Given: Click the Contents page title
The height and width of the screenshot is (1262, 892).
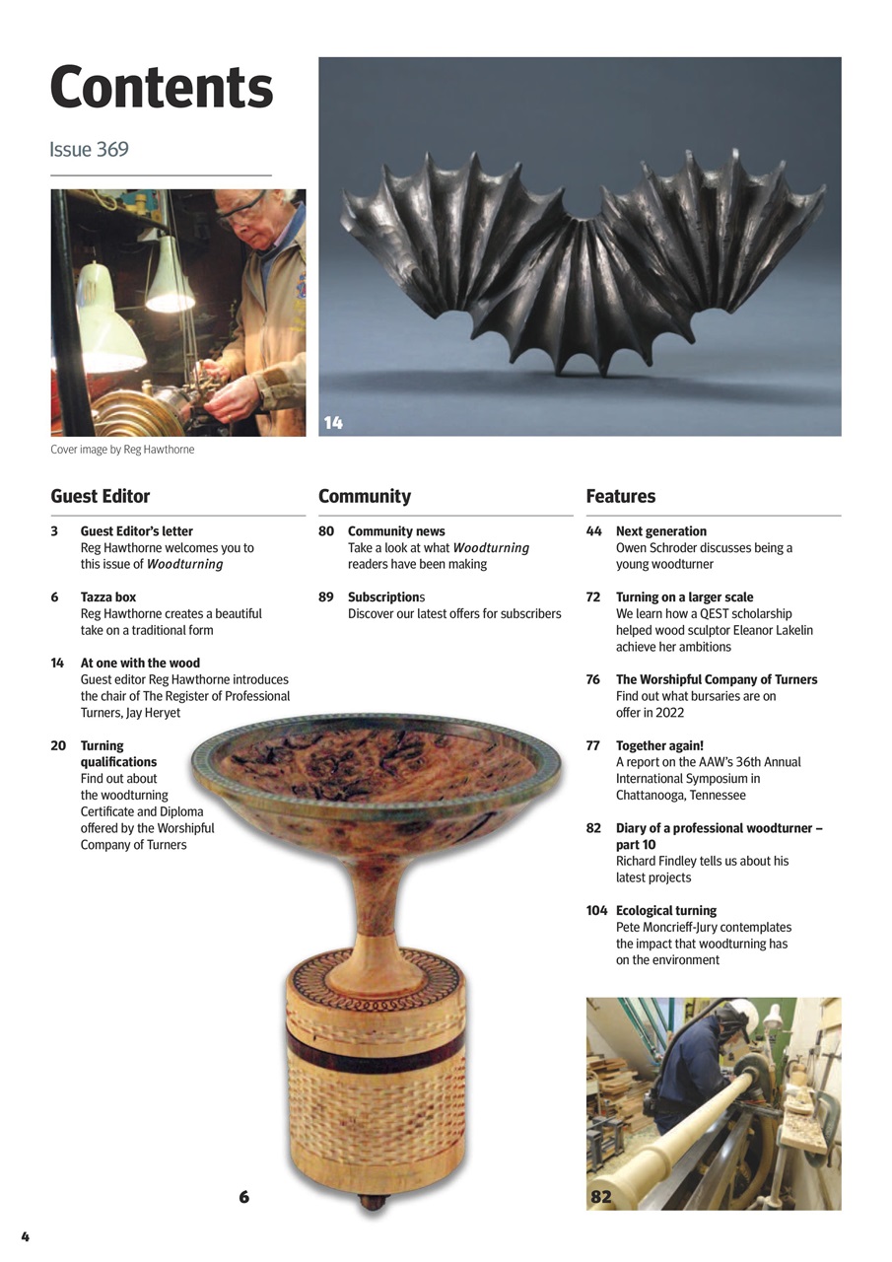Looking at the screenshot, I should pyautogui.click(x=161, y=89).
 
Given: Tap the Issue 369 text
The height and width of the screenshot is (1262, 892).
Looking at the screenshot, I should pyautogui.click(x=89, y=150).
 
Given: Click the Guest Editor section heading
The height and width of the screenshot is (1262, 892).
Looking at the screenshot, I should pyautogui.click(x=101, y=496).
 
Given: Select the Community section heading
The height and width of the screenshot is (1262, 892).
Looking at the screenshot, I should pyautogui.click(x=365, y=496).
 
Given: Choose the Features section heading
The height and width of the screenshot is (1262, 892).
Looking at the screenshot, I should pyautogui.click(x=620, y=496).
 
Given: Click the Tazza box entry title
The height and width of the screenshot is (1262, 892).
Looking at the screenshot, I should pyautogui.click(x=107, y=597).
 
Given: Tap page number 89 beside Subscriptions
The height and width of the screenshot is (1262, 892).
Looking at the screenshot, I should pyautogui.click(x=326, y=597).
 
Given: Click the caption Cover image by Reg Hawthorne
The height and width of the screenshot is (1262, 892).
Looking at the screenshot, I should pyautogui.click(x=122, y=450).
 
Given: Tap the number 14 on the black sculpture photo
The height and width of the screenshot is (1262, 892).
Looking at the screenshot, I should pyautogui.click(x=333, y=423).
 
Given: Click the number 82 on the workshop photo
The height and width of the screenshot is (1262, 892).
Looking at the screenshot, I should pyautogui.click(x=600, y=1197).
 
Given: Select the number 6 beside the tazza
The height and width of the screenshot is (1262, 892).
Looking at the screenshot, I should pyautogui.click(x=244, y=1197).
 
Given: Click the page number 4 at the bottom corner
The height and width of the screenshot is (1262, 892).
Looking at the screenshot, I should pyautogui.click(x=26, y=1237).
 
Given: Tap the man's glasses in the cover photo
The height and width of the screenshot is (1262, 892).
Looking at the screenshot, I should pyautogui.click(x=243, y=208).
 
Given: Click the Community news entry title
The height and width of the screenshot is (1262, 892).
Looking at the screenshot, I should pyautogui.click(x=396, y=531).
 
